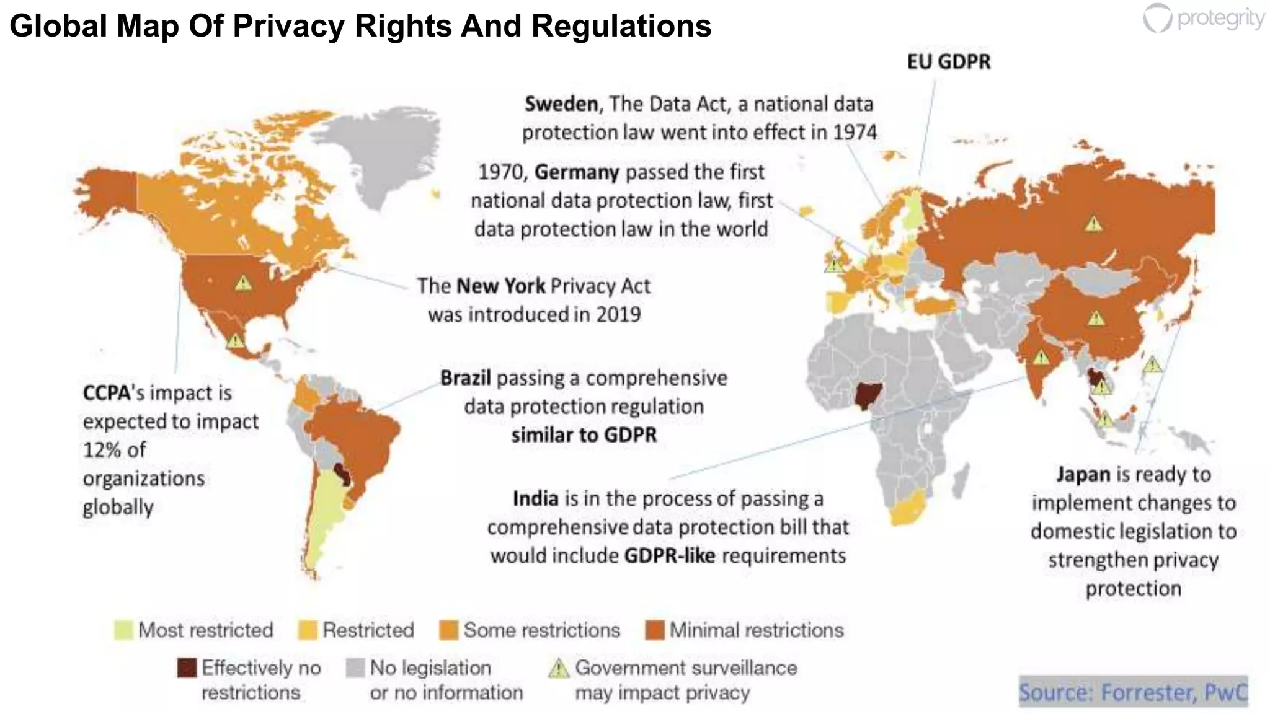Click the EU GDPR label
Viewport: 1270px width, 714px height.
tap(948, 62)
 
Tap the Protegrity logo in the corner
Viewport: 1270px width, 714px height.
tap(1203, 19)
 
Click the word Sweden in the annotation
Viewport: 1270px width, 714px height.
tap(561, 104)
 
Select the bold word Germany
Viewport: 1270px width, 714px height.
tap(576, 172)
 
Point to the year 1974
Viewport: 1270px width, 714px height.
tap(855, 132)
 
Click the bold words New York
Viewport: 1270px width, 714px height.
tap(500, 286)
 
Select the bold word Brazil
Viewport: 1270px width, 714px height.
tap(465, 377)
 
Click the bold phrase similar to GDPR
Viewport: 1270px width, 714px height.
tap(584, 434)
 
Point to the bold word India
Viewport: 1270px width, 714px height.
tap(535, 498)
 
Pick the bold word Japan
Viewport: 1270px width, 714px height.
tap(1083, 474)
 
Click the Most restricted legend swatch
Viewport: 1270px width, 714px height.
tap(123, 630)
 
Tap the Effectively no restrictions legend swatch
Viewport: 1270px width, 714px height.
tap(187, 668)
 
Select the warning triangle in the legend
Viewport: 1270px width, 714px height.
tap(559, 668)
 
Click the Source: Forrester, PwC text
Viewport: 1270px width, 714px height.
tap(1132, 692)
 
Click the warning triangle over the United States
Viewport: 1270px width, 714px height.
tap(243, 283)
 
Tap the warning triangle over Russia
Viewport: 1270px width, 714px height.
tap(1093, 223)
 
